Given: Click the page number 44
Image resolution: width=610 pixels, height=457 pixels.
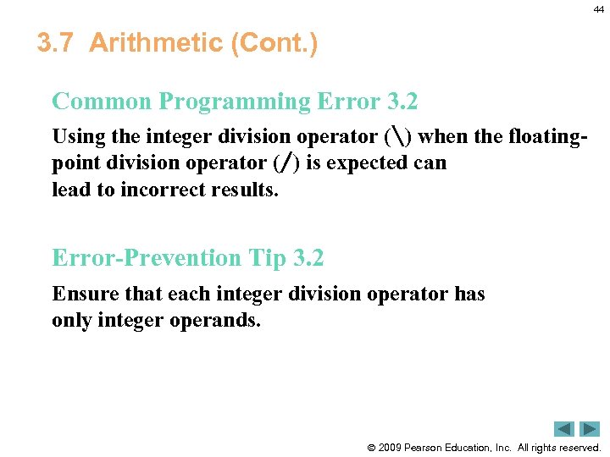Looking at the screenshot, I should point(598,9).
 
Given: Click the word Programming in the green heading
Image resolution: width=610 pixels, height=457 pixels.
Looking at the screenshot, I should point(235,102).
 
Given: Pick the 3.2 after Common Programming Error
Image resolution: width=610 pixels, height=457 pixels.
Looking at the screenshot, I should point(402,102).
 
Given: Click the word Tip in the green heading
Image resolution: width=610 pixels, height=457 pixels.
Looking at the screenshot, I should point(261,257).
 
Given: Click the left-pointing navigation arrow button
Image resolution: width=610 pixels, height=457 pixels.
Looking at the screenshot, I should point(565,428).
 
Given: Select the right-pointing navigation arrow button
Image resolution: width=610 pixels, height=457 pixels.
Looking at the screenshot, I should point(590,428).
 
